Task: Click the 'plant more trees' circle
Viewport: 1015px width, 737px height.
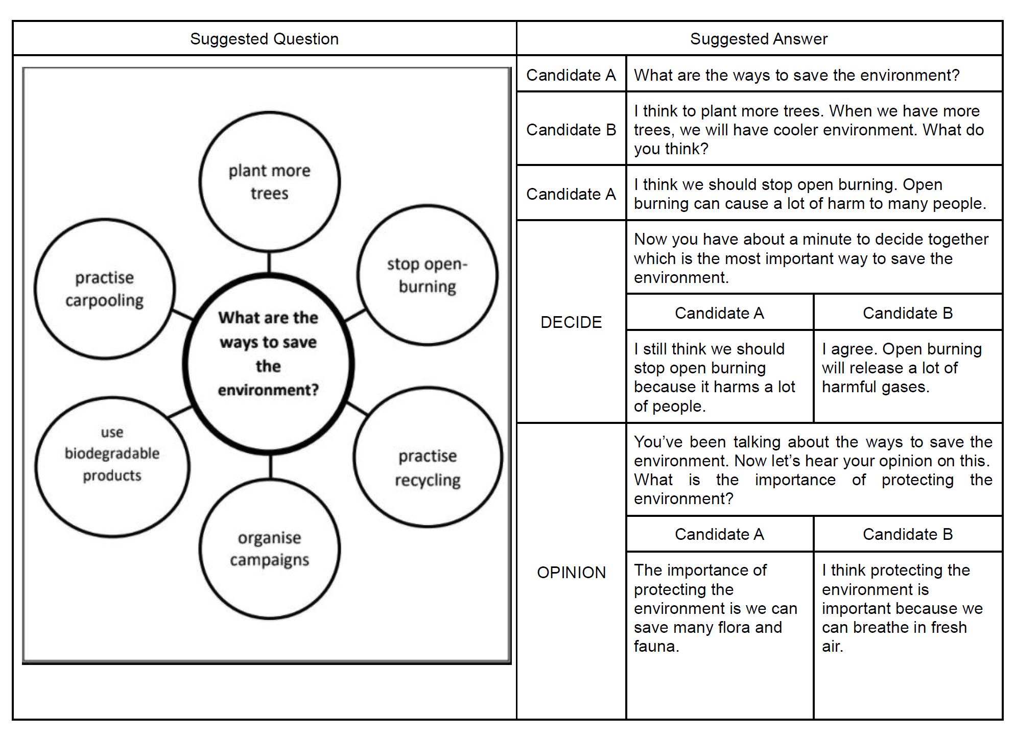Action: [x=269, y=182]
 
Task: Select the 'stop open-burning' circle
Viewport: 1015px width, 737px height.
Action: [x=427, y=275]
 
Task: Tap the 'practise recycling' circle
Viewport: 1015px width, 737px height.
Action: [x=428, y=467]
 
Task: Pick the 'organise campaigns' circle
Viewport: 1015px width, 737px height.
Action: [x=269, y=549]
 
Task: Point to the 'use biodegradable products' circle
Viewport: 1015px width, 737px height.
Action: [x=112, y=454]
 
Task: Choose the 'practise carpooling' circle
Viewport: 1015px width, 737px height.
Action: [x=105, y=289]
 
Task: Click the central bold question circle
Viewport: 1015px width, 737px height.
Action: [x=268, y=364]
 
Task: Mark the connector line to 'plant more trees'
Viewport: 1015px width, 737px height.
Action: [x=269, y=263]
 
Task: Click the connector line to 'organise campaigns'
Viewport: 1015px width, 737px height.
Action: [x=270, y=466]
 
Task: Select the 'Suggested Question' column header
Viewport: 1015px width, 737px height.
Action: [x=264, y=39]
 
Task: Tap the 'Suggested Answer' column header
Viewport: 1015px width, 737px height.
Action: [x=759, y=39]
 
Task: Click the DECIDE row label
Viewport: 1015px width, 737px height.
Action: [x=571, y=322]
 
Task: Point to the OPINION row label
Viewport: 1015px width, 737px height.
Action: [x=571, y=572]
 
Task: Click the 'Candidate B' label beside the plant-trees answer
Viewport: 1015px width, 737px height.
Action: [x=571, y=129]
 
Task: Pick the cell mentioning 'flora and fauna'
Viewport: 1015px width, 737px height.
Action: [x=719, y=608]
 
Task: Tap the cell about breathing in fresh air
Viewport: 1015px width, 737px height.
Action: [x=907, y=608]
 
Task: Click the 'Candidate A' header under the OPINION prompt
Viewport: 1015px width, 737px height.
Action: [x=719, y=534]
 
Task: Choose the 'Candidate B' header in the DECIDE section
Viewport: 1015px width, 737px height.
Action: [x=907, y=313]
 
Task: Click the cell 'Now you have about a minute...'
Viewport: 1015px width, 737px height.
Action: [x=813, y=258]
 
